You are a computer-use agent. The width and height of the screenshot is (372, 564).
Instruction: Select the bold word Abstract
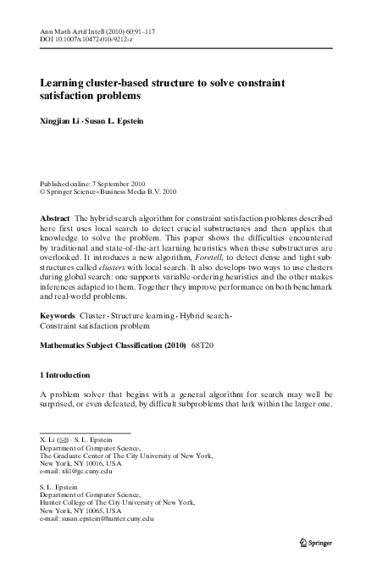point(56,218)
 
